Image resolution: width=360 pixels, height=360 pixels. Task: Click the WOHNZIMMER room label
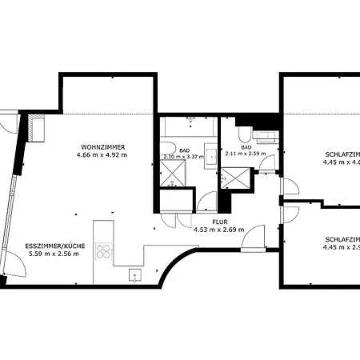[101, 146]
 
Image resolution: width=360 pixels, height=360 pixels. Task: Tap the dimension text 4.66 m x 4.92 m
[101, 154]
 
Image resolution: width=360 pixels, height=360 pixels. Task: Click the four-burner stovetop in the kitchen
[103, 251]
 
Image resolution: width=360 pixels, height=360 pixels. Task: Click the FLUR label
[221, 222]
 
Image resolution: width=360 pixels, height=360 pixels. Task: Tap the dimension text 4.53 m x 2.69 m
[218, 230]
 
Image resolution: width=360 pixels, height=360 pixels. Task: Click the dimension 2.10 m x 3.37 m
[183, 157]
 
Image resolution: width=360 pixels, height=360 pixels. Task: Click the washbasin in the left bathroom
[211, 156]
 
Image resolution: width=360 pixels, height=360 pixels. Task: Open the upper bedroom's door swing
[290, 188]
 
